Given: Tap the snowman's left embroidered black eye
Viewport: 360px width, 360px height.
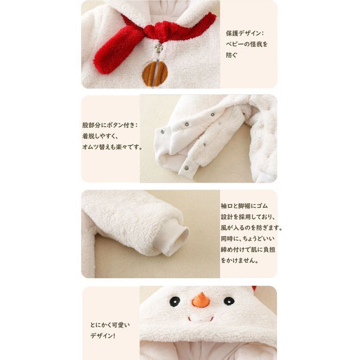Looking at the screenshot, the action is [x=175, y=301].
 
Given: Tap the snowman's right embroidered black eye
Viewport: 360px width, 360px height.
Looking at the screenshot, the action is [x=229, y=301].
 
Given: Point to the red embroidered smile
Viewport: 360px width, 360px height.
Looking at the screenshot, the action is [x=201, y=320].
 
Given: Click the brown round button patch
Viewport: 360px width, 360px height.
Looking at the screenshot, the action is [x=155, y=74].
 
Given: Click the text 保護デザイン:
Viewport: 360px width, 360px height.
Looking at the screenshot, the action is [x=245, y=33].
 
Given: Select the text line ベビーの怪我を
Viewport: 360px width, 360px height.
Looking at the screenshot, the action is [x=247, y=44].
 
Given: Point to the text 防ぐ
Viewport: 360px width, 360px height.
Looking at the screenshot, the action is [x=231, y=55].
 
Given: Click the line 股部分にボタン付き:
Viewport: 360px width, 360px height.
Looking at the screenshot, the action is [x=110, y=125].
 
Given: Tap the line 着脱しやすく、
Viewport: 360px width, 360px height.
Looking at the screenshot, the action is [x=100, y=136].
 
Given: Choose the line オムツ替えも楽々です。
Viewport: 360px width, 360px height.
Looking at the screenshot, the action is [x=112, y=147].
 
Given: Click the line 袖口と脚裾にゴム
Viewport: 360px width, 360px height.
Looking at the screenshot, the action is [x=244, y=206].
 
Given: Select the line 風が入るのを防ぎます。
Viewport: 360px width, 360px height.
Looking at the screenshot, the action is [x=252, y=228].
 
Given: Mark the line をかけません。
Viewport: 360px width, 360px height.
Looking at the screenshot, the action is [x=240, y=260].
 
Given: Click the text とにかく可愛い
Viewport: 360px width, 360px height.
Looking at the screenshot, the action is [x=110, y=325].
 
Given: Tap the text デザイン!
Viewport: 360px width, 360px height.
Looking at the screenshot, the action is [x=103, y=336].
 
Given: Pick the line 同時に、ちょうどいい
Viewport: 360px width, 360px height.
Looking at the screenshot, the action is [x=248, y=239].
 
